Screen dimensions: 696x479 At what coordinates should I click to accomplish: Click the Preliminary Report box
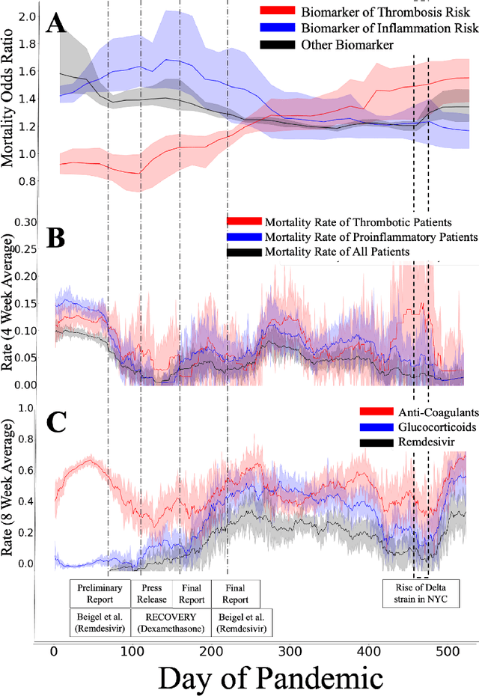pos(100,593)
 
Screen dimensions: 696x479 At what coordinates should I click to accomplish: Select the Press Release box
pos(152,593)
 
